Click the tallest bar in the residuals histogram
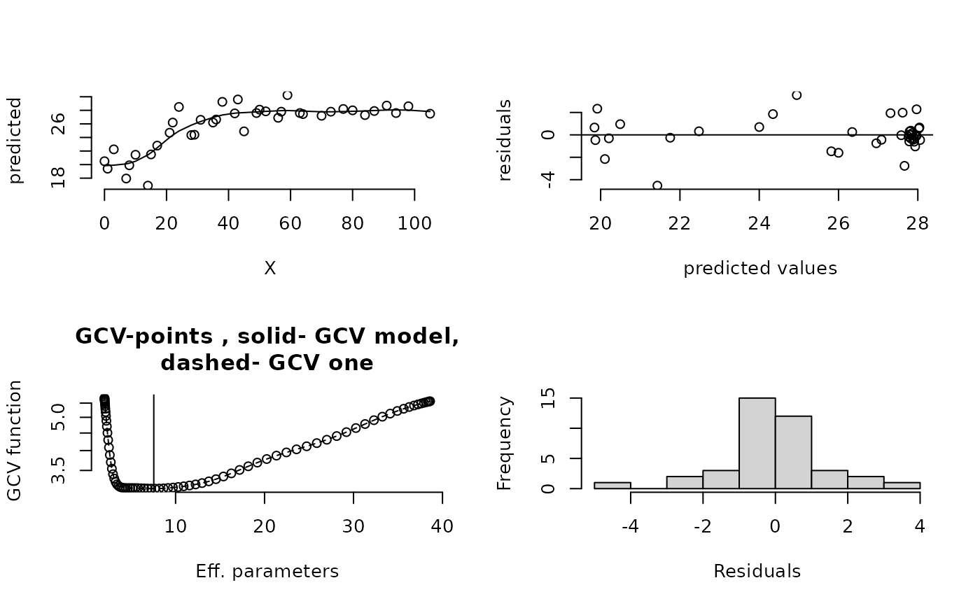tap(757, 442)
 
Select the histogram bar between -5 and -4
tap(612, 485)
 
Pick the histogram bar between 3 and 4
tap(902, 485)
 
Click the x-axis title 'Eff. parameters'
tap(267, 572)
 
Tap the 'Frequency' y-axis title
tap(505, 443)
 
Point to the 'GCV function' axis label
tap(15, 440)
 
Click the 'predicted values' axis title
tap(760, 269)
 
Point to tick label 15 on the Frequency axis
tap(549, 399)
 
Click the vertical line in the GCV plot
tap(153, 441)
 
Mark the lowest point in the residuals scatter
tap(657, 185)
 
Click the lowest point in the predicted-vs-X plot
tap(148, 185)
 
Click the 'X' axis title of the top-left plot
tap(269, 269)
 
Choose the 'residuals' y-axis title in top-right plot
tap(505, 140)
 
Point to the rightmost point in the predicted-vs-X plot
tap(430, 113)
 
